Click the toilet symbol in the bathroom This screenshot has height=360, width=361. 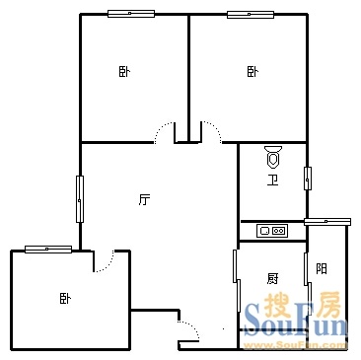pyautogui.click(x=273, y=156)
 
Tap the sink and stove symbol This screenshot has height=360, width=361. pyautogui.click(x=272, y=231)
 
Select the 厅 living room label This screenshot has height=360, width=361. pyautogui.click(x=144, y=200)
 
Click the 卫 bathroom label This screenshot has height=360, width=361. pyautogui.click(x=272, y=180)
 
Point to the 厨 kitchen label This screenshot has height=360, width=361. pyautogui.click(x=272, y=279)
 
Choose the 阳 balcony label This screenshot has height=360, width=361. pyautogui.click(x=322, y=269)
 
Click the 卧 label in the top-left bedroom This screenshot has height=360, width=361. pyautogui.click(x=124, y=72)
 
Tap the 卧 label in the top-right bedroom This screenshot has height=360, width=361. pyautogui.click(x=253, y=72)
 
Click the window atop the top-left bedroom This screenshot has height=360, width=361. pyautogui.click(x=131, y=14)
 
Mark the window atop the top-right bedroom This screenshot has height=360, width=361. pyautogui.click(x=251, y=15)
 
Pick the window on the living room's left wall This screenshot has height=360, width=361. pyautogui.click(x=80, y=199)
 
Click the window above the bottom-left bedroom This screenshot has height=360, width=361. pyautogui.click(x=48, y=250)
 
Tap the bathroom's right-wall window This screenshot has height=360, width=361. pyautogui.click(x=308, y=179)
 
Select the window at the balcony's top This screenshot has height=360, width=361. pyautogui.click(x=327, y=222)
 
